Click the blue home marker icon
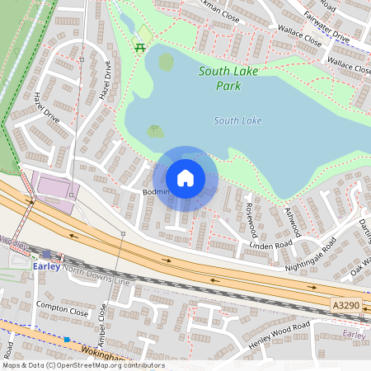(x=185, y=178)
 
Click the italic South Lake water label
(x=237, y=121)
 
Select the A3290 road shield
(x=347, y=305)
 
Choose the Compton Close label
(x=62, y=309)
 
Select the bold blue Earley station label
(x=47, y=265)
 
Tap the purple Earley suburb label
(x=355, y=335)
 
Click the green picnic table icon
(x=140, y=47)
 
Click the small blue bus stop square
(x=67, y=340)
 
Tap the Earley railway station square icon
(x=48, y=254)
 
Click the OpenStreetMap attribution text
(x=82, y=365)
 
